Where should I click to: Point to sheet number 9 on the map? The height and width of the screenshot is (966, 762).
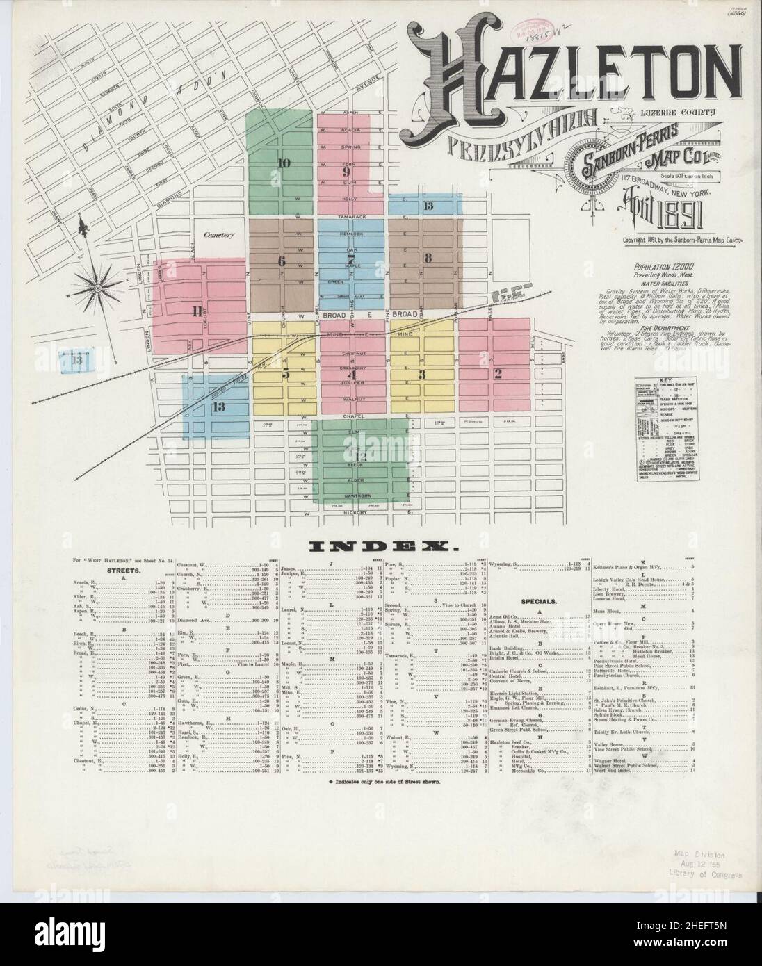(345, 172)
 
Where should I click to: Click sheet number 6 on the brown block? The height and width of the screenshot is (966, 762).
(281, 261)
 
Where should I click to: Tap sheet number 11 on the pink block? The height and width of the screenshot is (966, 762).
(197, 311)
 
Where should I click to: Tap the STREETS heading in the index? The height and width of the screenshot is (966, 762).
(123, 570)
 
